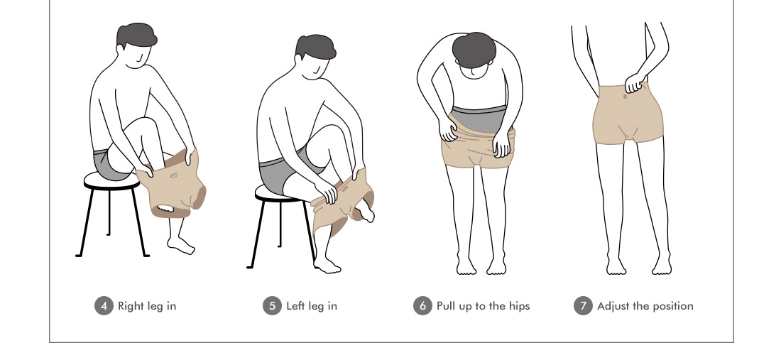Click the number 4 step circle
click(104, 306)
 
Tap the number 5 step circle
click(272, 306)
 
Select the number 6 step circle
click(422, 306)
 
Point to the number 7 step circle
click(583, 306)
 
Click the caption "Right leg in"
click(147, 306)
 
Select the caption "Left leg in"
click(312, 306)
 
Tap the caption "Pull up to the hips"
click(483, 306)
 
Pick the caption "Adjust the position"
click(645, 306)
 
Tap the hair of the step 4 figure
click(136, 36)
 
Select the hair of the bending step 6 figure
click(474, 50)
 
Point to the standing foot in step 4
click(181, 245)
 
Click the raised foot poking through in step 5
click(366, 211)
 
